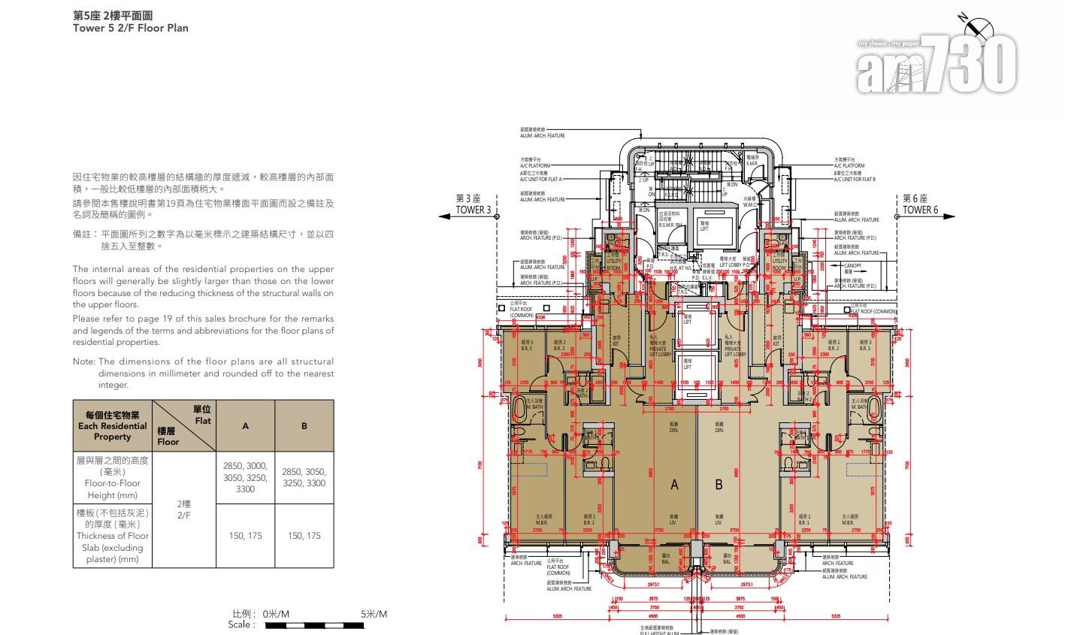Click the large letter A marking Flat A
[674, 485]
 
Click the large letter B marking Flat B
[719, 485]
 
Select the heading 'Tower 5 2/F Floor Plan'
[130, 28]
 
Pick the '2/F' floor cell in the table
[183, 510]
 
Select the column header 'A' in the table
[245, 426]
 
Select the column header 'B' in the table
[304, 426]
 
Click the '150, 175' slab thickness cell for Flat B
[304, 536]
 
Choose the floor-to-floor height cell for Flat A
[245, 478]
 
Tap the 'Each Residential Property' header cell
[113, 426]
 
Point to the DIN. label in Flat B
[719, 429]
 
